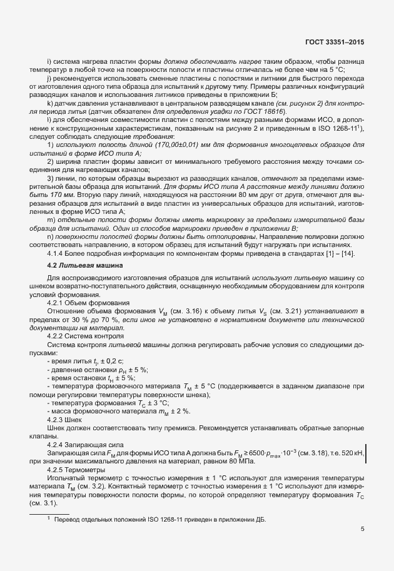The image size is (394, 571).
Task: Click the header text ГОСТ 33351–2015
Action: pyautogui.click(x=334, y=43)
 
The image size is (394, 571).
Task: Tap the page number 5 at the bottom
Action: pyautogui.click(x=363, y=528)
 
